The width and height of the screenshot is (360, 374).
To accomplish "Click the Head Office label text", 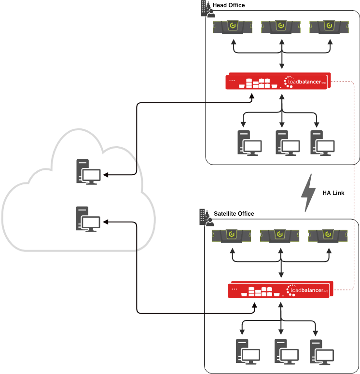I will point(229,5).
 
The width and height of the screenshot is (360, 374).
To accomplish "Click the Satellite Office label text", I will point(234,213).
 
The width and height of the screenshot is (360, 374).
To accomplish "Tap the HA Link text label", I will point(333,193).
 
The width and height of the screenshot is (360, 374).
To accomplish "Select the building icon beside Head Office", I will point(207,9).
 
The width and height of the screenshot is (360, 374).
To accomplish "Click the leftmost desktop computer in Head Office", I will point(249,143).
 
